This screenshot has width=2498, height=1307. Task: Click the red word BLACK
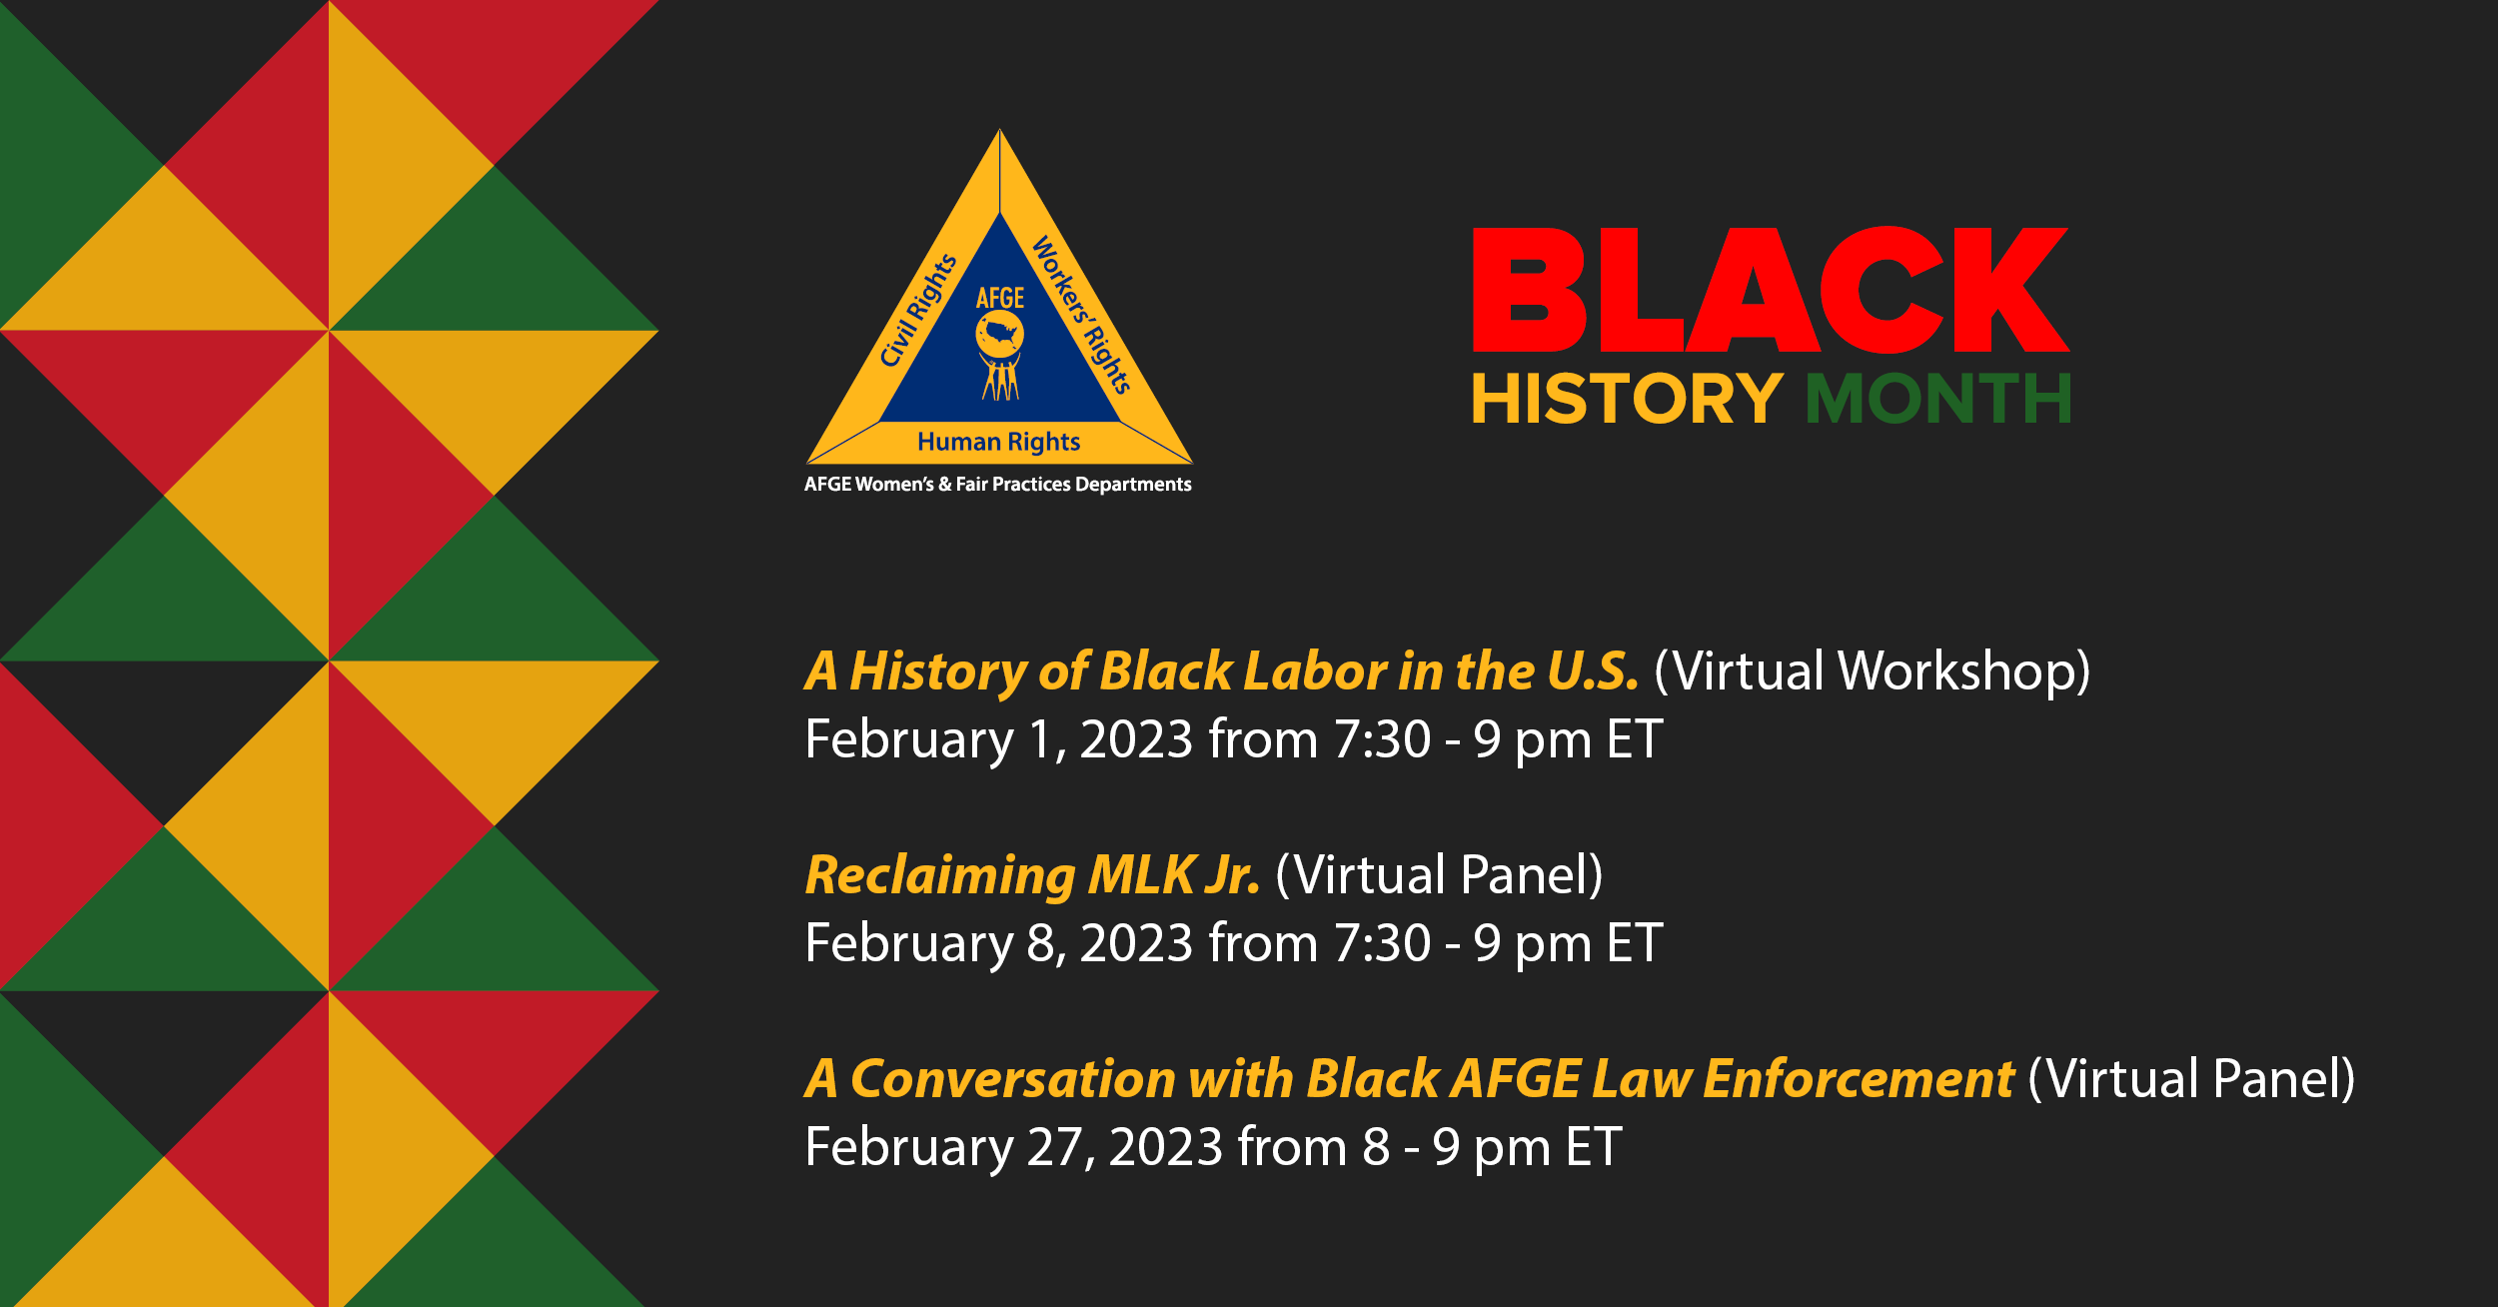tap(1770, 290)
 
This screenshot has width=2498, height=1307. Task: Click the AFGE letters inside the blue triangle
tap(1000, 298)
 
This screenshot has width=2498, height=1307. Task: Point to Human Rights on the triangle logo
tap(998, 442)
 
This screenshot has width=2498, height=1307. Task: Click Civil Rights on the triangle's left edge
tap(917, 311)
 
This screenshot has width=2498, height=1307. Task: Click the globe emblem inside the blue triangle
tap(999, 333)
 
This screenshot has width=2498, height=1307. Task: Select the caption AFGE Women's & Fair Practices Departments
tap(997, 485)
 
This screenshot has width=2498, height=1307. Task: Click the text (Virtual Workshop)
tap(1872, 670)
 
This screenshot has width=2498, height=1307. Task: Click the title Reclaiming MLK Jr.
tap(1032, 875)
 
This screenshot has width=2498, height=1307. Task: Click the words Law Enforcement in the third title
tap(1803, 1079)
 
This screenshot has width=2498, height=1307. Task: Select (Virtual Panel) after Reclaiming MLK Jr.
tap(1439, 875)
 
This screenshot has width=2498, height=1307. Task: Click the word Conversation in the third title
tap(1012, 1079)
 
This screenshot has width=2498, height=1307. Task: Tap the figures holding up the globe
tap(1000, 378)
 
